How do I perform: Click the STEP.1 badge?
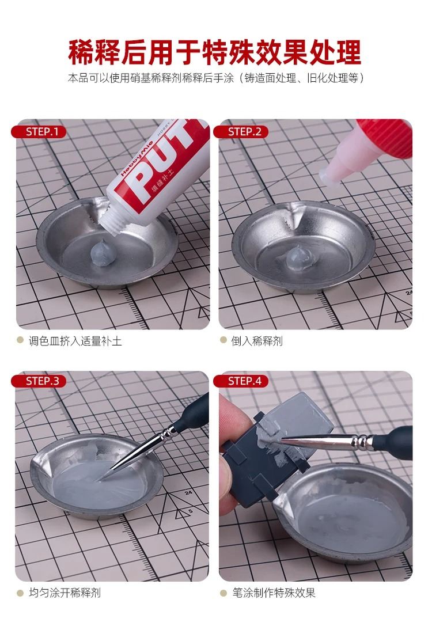[39, 132]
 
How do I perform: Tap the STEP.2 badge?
[241, 132]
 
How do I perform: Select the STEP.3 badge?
[39, 381]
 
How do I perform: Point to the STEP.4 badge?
[241, 381]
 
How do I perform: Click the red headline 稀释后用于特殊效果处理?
[215, 52]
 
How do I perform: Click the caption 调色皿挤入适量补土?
[75, 341]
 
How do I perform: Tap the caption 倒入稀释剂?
[257, 341]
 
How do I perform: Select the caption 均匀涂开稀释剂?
[65, 593]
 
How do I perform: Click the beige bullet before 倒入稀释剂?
[223, 340]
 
